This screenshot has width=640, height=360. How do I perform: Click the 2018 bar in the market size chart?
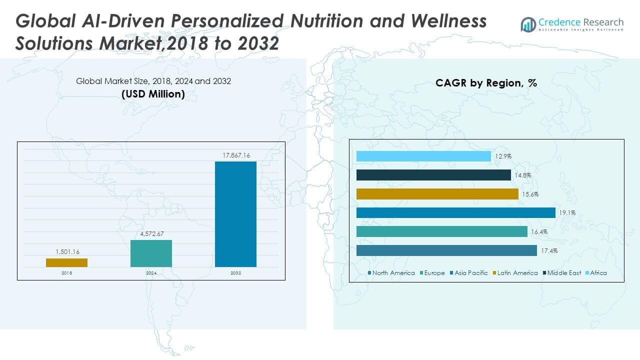point(66,262)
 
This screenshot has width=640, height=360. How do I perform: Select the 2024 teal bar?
point(151,253)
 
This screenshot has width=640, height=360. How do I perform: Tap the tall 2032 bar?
point(235,214)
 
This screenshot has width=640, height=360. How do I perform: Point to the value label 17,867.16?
point(236,156)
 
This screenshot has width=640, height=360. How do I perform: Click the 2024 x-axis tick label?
point(151,273)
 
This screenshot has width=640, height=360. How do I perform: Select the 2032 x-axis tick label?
point(235,273)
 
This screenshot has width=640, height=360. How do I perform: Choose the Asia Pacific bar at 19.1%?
point(455,212)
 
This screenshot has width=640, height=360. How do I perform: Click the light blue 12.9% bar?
point(423,156)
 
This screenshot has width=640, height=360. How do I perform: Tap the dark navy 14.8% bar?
point(433,175)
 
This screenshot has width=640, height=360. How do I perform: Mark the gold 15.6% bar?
point(437,194)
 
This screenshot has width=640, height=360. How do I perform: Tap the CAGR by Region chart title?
point(486,83)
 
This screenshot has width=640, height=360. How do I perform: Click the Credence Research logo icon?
point(528,24)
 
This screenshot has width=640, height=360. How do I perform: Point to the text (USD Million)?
point(153,94)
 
